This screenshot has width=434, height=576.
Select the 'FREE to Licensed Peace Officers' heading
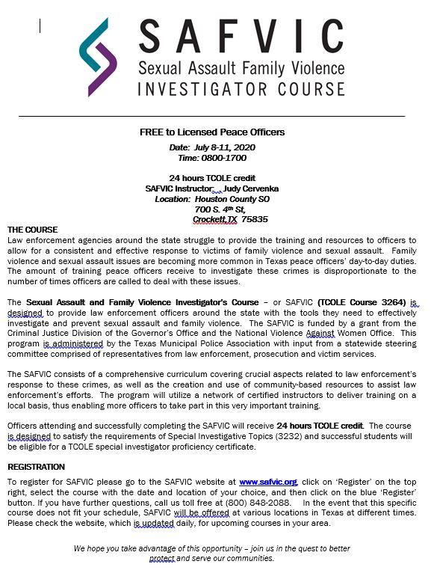click(x=212, y=132)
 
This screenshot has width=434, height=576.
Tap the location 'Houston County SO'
click(x=232, y=200)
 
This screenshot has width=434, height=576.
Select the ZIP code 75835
click(x=255, y=220)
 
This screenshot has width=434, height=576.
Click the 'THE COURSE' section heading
click(x=32, y=230)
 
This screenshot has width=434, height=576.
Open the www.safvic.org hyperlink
click(x=268, y=482)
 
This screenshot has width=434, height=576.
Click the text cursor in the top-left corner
click(x=40, y=26)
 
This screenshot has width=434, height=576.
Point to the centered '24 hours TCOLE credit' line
click(x=212, y=179)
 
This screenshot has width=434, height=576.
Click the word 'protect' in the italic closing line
click(x=162, y=559)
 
